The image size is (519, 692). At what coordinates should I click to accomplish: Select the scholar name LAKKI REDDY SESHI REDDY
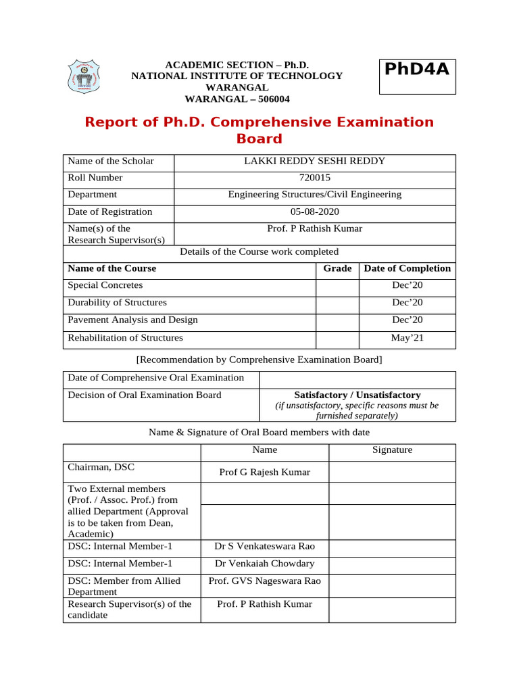coord(314,161)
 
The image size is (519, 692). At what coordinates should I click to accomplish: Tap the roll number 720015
coord(314,178)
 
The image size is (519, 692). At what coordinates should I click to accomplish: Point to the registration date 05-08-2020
coord(314,212)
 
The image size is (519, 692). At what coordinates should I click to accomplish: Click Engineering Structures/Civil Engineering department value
coord(314,195)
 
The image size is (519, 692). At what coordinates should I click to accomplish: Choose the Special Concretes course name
coord(105,285)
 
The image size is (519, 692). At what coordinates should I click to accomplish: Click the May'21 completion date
coord(407,338)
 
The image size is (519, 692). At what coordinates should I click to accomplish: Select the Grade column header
coord(337,268)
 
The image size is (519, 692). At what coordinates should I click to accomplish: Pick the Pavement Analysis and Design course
coord(132,320)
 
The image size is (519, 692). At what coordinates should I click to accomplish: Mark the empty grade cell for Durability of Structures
coord(337,303)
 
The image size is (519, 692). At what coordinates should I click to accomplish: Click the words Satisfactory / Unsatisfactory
coord(357,395)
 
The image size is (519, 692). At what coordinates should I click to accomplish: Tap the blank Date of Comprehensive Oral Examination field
coord(357,378)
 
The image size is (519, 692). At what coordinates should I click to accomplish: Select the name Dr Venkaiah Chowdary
coord(264,564)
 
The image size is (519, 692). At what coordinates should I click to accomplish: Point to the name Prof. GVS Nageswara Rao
coord(264,581)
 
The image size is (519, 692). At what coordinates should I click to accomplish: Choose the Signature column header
coord(391,450)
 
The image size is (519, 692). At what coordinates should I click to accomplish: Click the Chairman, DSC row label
coord(96,466)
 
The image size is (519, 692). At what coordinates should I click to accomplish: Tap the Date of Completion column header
coord(407,268)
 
